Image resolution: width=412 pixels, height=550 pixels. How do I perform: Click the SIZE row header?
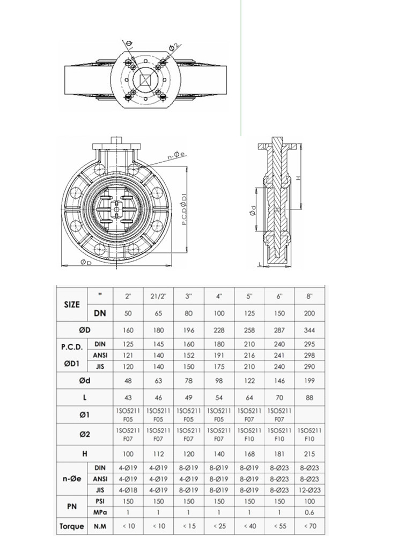click(x=72, y=305)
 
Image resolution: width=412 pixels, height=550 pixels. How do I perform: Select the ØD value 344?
click(x=310, y=330)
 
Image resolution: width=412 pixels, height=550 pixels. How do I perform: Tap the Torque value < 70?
click(x=310, y=526)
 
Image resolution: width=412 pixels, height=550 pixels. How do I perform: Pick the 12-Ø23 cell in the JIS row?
click(x=310, y=490)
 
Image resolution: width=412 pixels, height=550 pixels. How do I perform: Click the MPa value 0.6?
click(x=310, y=512)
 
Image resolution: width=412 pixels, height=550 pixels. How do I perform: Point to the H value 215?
click(x=310, y=454)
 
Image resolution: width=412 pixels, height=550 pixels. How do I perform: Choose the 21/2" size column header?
click(x=158, y=296)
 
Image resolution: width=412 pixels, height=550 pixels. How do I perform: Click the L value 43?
click(x=128, y=398)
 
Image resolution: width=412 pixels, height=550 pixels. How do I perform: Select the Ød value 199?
click(x=310, y=381)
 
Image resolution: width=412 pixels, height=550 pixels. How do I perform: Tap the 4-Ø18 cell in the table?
click(x=128, y=490)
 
